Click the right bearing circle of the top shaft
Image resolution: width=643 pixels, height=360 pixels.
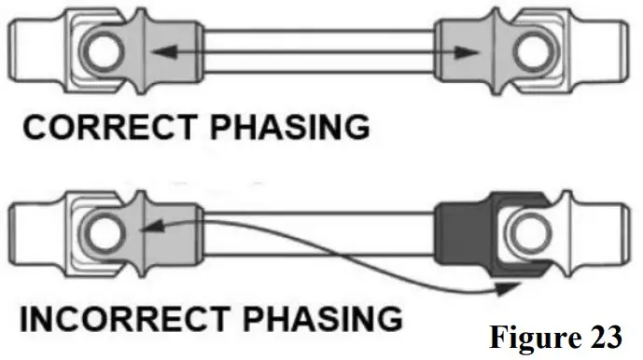[537, 52]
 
